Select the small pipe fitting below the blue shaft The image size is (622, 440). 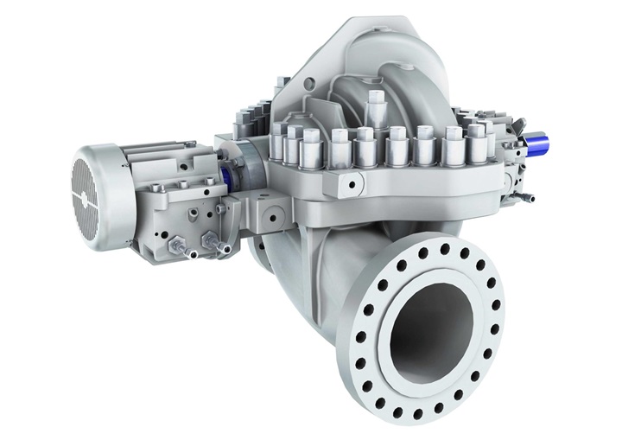[x=526, y=196]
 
